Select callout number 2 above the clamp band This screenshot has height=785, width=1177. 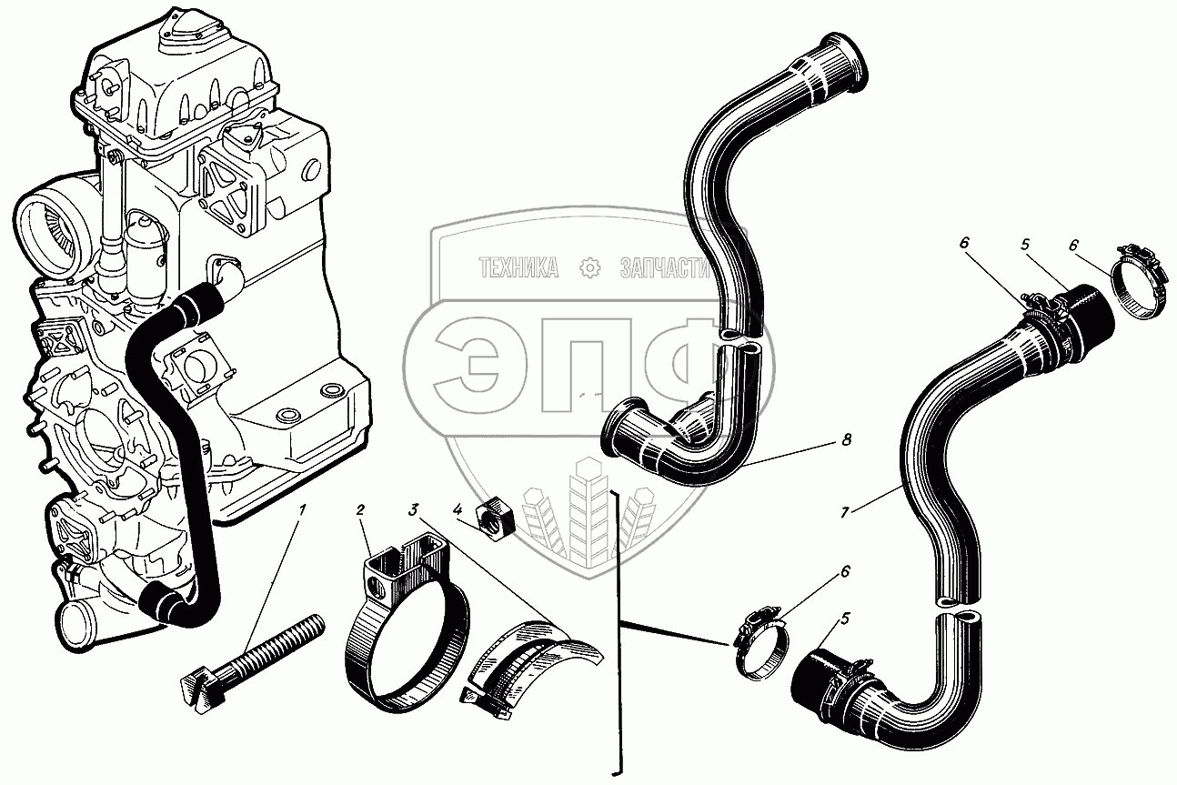point(360,509)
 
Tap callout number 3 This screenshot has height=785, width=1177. point(413,509)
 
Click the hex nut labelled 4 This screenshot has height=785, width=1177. point(498,516)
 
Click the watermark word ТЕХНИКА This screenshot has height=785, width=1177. point(518,267)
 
